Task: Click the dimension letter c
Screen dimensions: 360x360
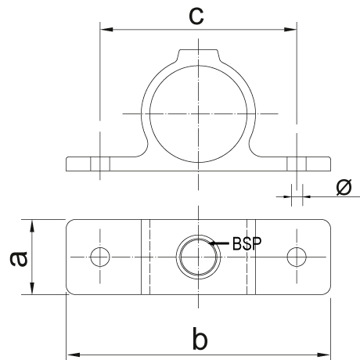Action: click(x=196, y=16)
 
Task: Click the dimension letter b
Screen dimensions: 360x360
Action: click(x=200, y=338)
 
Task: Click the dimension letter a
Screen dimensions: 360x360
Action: click(x=19, y=258)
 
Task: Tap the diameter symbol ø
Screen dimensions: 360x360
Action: click(x=344, y=187)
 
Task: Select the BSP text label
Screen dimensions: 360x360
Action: click(x=247, y=243)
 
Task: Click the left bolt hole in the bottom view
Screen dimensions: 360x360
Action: click(x=100, y=257)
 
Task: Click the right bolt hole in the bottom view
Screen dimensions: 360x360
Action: click(x=297, y=257)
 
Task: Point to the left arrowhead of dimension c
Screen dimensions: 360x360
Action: click(x=106, y=29)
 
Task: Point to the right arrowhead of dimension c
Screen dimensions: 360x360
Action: click(x=290, y=29)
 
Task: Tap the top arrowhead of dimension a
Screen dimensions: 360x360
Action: click(x=32, y=226)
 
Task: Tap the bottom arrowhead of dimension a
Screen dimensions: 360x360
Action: click(x=32, y=288)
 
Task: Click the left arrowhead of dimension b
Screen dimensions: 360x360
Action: click(x=73, y=355)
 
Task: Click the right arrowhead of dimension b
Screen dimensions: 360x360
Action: click(x=324, y=355)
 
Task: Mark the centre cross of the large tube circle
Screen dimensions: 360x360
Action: click(x=198, y=113)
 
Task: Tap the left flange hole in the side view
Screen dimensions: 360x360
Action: click(x=100, y=164)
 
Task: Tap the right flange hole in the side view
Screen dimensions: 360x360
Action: click(x=297, y=164)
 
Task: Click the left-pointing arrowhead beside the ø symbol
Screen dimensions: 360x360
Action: click(x=307, y=196)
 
